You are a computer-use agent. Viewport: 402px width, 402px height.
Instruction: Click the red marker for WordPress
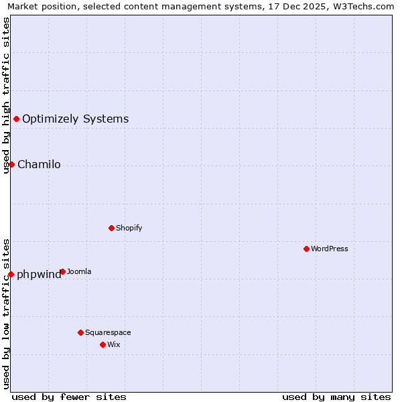pos(306,249)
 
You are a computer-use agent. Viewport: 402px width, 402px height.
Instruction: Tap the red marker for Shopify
pos(111,228)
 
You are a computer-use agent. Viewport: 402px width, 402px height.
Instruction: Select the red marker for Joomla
pos(62,271)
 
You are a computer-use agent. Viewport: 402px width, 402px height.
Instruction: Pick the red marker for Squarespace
pos(80,332)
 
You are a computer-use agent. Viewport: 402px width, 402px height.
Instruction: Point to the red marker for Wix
pos(103,344)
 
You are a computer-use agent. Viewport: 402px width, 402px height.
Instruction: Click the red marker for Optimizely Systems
pos(16,119)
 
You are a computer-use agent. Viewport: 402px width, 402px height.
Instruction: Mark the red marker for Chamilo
pos(11,164)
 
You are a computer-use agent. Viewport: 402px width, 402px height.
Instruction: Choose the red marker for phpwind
pos(11,274)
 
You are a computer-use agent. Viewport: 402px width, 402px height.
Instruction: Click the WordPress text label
pos(329,249)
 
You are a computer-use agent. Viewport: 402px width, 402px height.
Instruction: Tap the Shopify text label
pos(129,228)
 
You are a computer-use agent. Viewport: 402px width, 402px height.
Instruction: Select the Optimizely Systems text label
pos(75,119)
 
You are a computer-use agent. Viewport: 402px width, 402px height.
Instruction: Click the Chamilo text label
pos(39,164)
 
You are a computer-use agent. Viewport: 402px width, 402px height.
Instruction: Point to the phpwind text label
pos(38,274)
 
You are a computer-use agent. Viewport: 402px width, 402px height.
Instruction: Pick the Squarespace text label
pos(108,332)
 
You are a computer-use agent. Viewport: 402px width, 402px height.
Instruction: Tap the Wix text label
pos(113,344)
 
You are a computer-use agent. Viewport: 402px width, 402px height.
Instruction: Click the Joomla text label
pos(79,271)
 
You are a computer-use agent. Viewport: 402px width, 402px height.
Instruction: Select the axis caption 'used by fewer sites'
pos(69,397)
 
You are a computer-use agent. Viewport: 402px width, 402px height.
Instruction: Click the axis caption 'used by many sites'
pos(336,397)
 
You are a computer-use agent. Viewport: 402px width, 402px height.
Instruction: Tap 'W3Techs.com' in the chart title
pos(364,6)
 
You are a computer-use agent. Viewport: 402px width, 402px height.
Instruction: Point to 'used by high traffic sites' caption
pos(6,95)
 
